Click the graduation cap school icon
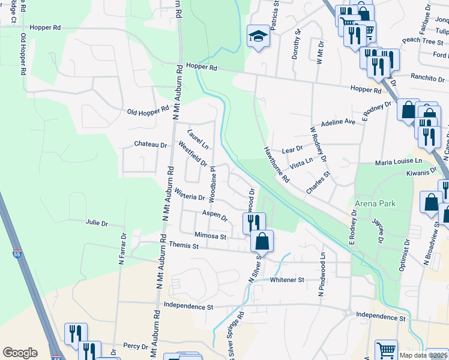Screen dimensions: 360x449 [258, 37]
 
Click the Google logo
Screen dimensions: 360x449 [20, 352]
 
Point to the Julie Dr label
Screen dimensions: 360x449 [97, 223]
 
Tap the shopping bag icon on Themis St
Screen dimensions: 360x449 [262, 242]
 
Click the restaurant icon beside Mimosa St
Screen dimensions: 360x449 [254, 222]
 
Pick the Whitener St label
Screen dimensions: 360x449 [288, 280]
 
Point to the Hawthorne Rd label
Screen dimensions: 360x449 [277, 165]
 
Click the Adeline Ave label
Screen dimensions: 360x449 [339, 122]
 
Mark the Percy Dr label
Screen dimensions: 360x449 [136, 346]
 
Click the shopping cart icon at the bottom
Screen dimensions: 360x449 [386, 350]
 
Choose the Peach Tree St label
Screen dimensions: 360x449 [422, 41]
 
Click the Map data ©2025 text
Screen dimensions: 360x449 [423, 355]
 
